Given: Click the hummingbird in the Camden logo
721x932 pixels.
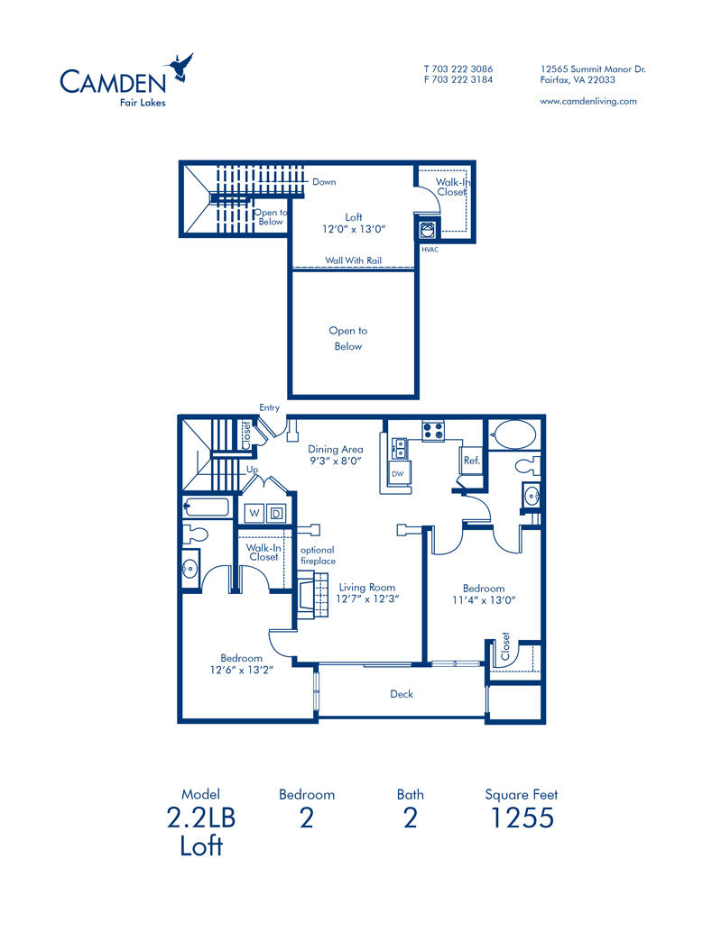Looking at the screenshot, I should tap(180, 68).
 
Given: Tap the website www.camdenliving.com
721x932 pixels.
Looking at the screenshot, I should tap(588, 101).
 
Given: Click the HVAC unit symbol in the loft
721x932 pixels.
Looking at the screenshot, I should tap(428, 229).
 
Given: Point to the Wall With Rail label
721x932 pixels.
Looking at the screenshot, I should tap(354, 260).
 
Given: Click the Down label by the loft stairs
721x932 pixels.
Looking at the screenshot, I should tap(324, 182).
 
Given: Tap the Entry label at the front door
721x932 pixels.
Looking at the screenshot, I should tap(269, 408).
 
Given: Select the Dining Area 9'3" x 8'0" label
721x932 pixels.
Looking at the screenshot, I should tap(335, 454).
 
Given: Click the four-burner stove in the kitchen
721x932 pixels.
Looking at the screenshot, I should tap(432, 431).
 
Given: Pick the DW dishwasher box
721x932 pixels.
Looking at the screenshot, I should tap(398, 473).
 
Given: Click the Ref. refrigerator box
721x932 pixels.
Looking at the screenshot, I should tap(471, 460).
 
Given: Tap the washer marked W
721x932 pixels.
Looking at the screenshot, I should tap(255, 514).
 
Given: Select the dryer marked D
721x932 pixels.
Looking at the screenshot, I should tap(277, 514).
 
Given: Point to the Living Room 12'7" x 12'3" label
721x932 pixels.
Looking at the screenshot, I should tap(368, 592).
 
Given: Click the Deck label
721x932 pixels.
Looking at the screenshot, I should tap(402, 694).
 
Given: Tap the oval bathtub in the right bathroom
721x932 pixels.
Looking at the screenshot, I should tap(513, 434).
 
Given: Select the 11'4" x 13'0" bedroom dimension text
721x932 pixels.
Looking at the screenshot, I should tap(483, 600).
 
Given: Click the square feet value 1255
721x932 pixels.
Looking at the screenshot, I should tap(521, 818).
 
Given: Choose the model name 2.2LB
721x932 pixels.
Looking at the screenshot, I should tap(201, 818).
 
